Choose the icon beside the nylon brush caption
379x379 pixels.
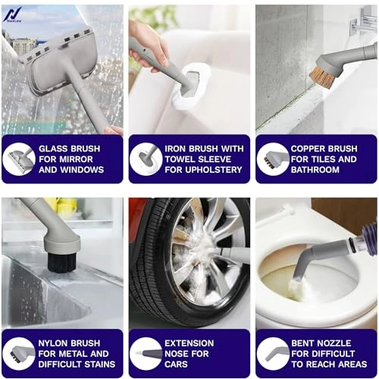point(19,353)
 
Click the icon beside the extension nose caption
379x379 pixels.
point(146,353)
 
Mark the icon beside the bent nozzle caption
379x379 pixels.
point(272,353)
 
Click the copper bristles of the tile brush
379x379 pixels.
point(325,74)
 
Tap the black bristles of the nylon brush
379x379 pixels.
point(58,262)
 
